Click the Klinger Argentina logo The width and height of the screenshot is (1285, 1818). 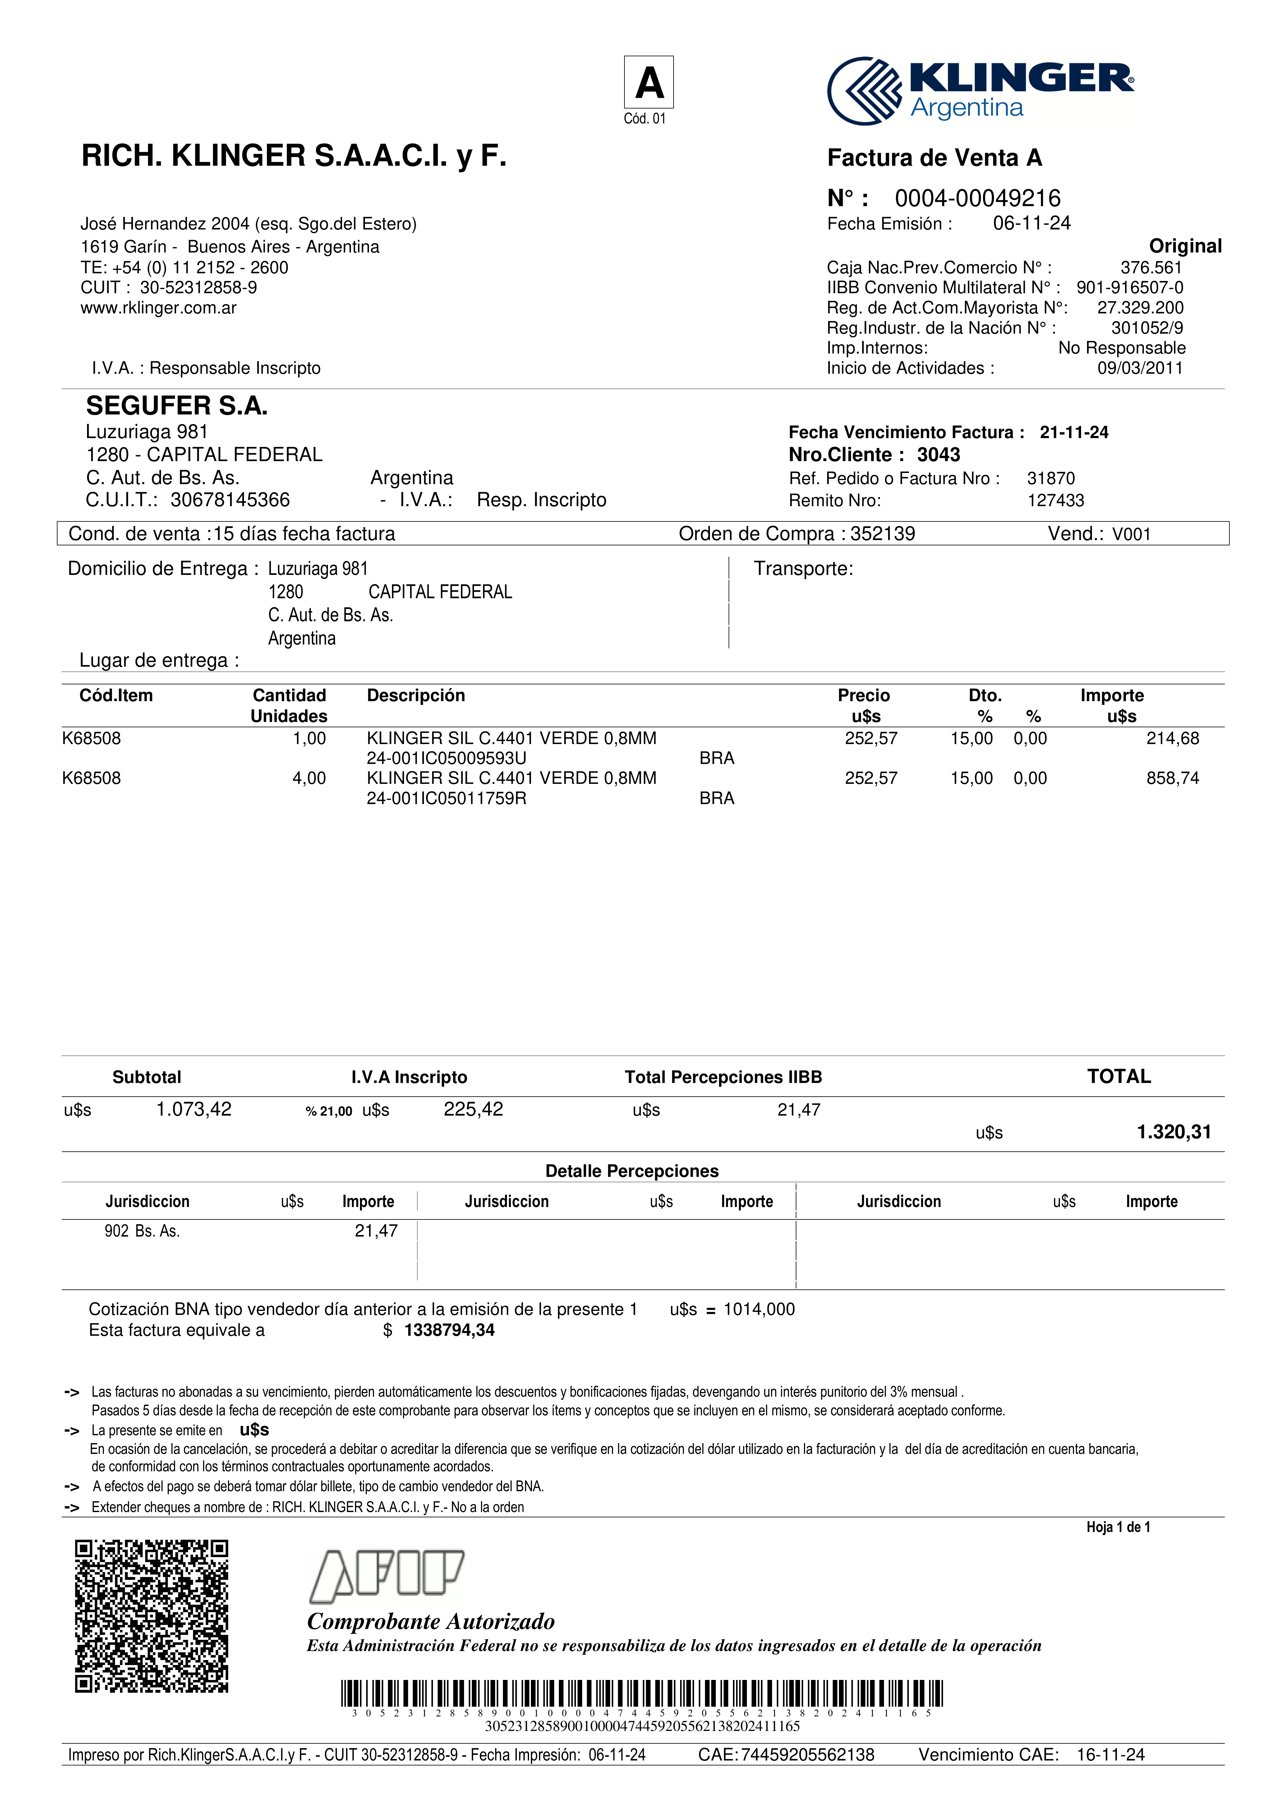pyautogui.click(x=980, y=90)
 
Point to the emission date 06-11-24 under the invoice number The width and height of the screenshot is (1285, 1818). pyautogui.click(x=1031, y=223)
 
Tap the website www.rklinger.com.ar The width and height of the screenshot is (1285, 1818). pyautogui.click(x=158, y=308)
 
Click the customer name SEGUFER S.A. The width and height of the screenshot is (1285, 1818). pyautogui.click(x=177, y=406)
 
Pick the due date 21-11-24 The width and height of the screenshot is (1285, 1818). pyautogui.click(x=1074, y=432)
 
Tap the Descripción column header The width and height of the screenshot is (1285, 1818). pyautogui.click(x=416, y=695)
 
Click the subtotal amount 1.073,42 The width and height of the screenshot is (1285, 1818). pyautogui.click(x=194, y=1109)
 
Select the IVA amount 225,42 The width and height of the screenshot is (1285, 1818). pyautogui.click(x=473, y=1109)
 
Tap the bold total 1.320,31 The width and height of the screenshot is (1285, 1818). pyautogui.click(x=1173, y=1132)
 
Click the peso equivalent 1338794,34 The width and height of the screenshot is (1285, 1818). pyautogui.click(x=449, y=1330)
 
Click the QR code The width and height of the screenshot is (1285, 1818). pyautogui.click(x=151, y=1616)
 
